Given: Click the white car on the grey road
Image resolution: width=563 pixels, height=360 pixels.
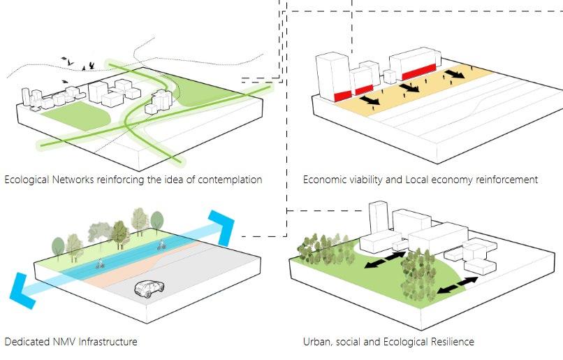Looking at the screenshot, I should [x=147, y=288].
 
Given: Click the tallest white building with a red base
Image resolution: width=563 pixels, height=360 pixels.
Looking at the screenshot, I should [x=332, y=77].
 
